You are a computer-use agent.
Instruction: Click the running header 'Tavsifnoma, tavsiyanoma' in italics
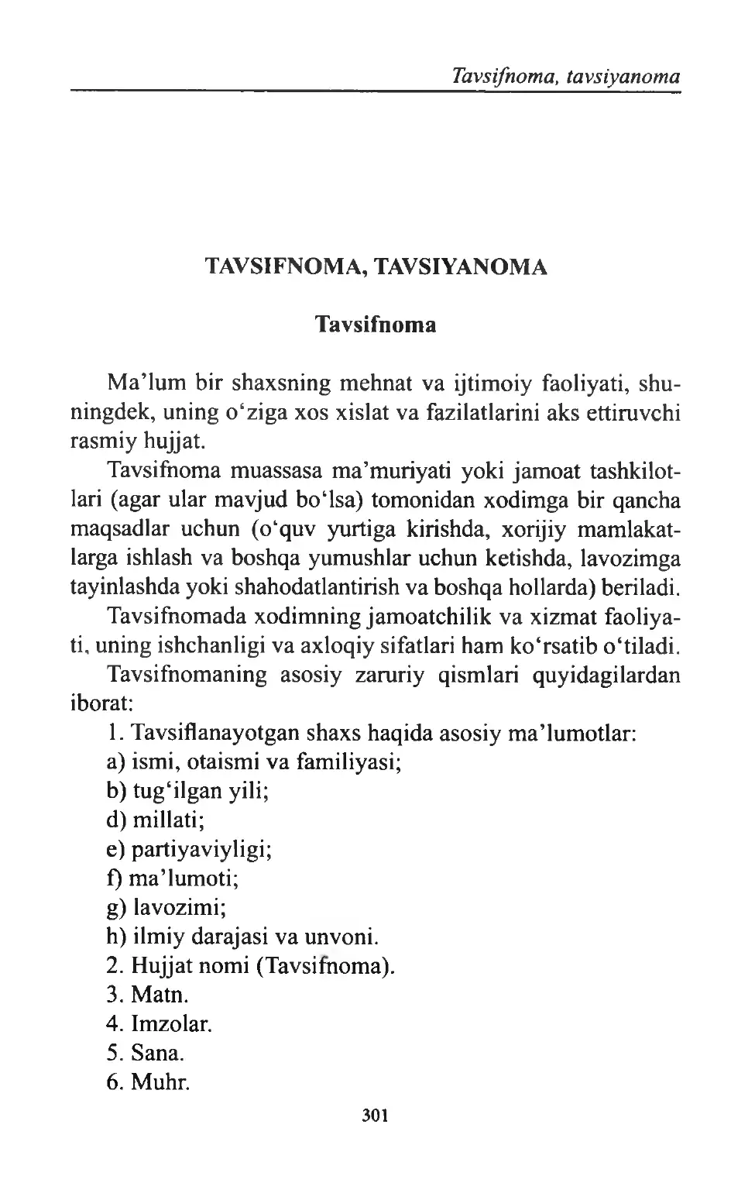pos(556,76)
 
